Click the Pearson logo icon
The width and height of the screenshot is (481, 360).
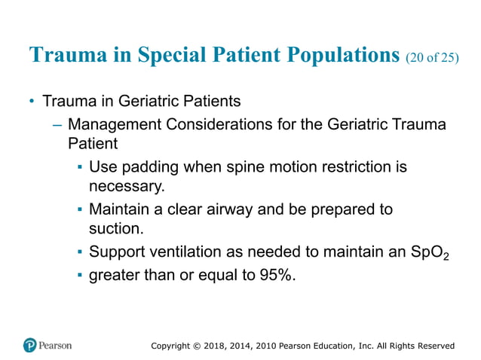coord(30,346)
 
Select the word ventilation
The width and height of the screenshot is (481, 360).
coord(185,252)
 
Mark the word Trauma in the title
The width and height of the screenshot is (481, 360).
coord(63,56)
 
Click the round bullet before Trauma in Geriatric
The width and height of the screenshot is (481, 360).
coord(32,101)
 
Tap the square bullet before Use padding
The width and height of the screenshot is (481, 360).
coord(79,167)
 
